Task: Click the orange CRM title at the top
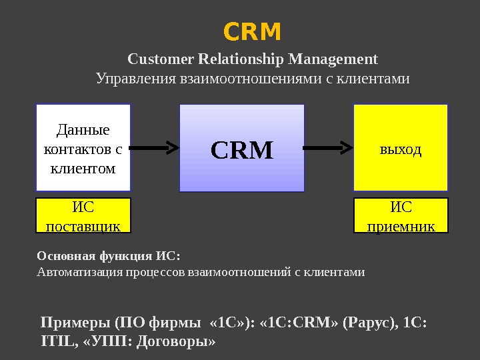[x=252, y=31]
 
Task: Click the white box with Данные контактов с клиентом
[x=83, y=147]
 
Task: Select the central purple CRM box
[x=242, y=147]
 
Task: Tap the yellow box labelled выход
[x=401, y=147]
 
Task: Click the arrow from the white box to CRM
[x=154, y=146]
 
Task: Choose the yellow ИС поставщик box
[x=83, y=215]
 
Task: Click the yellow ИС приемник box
[x=401, y=215]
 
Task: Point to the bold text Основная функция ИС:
[x=109, y=256]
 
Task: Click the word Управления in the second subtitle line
[x=136, y=79]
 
